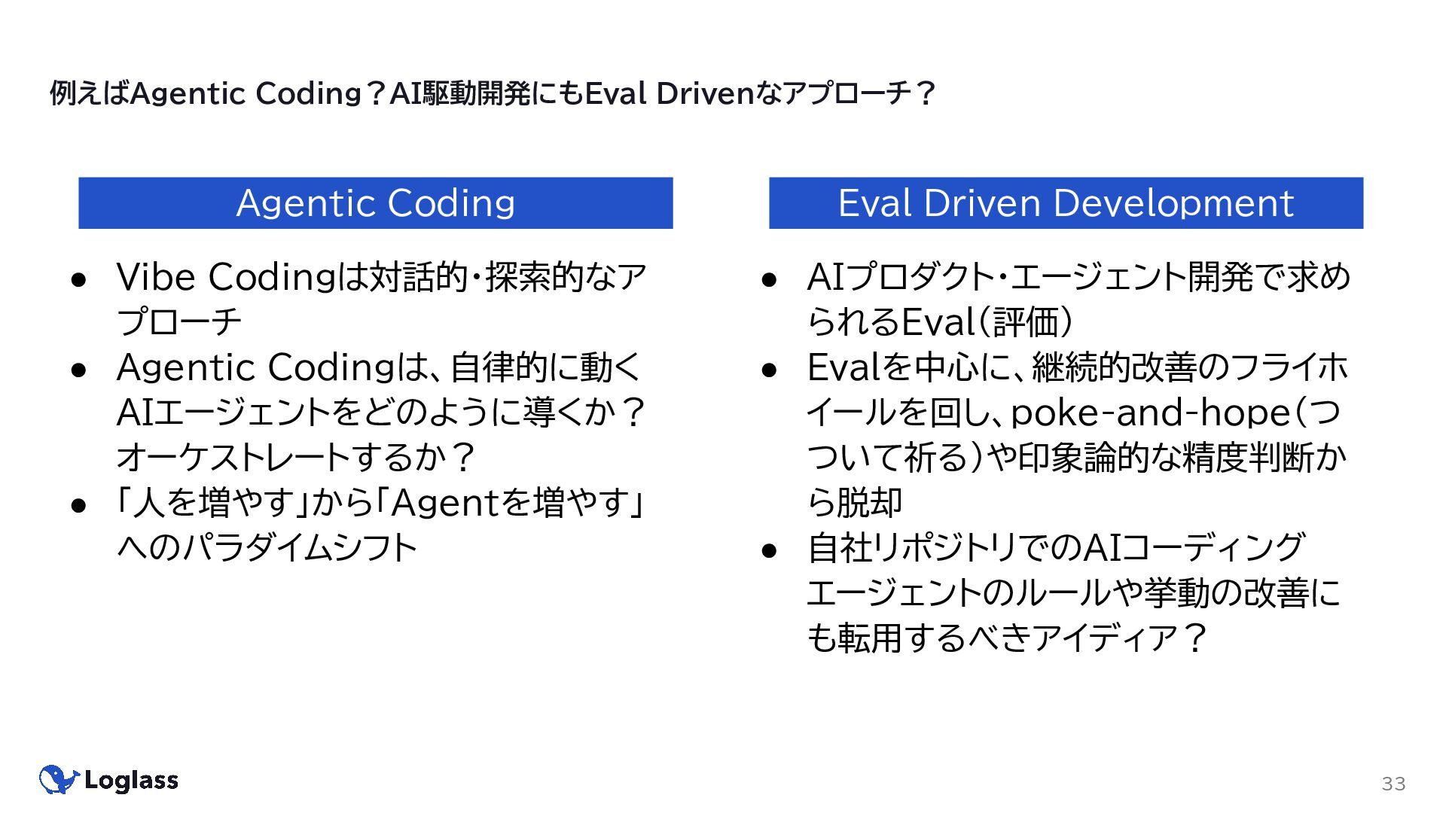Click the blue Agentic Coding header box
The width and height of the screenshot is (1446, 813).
click(x=375, y=203)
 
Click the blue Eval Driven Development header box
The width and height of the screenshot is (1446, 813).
click(x=1066, y=203)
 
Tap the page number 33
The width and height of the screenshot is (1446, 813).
click(x=1393, y=784)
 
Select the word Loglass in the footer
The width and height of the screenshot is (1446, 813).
click(x=132, y=781)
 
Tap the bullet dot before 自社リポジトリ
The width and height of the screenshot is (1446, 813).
click(x=769, y=550)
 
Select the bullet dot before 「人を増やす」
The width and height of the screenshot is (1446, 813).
click(x=79, y=505)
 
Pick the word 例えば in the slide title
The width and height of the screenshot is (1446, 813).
click(x=90, y=94)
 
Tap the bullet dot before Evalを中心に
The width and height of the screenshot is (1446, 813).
click(x=769, y=370)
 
